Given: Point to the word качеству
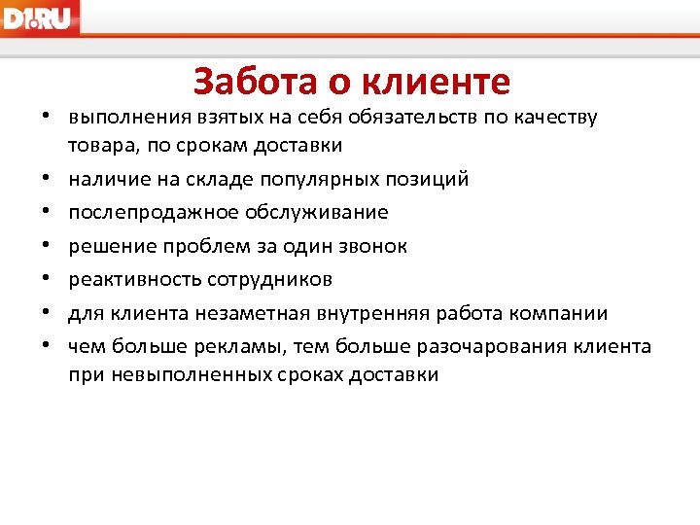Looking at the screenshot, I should [x=556, y=119].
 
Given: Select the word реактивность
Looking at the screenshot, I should [x=134, y=280].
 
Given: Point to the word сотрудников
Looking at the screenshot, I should [x=269, y=280].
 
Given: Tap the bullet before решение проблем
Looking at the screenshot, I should [x=46, y=247].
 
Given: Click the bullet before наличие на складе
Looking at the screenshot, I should [x=46, y=180].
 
